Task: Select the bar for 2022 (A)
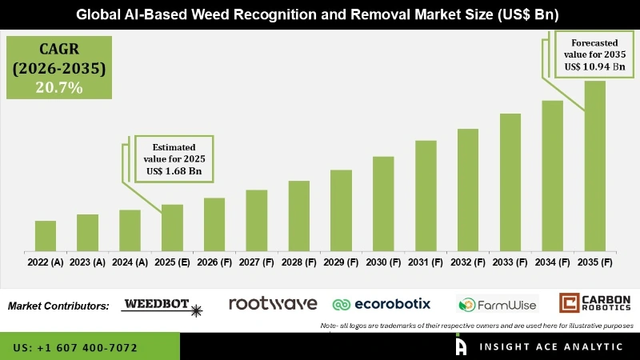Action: click(x=46, y=235)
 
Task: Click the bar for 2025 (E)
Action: click(x=172, y=227)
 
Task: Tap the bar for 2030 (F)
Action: click(x=383, y=202)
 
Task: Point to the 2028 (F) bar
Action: click(x=298, y=215)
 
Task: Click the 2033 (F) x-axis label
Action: click(x=510, y=262)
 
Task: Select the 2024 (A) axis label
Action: click(x=130, y=262)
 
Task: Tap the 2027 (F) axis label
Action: click(x=256, y=262)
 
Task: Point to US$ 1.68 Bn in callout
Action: click(x=174, y=171)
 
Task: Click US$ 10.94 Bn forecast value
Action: click(x=593, y=66)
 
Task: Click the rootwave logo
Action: click(x=273, y=303)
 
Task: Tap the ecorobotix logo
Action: click(x=382, y=304)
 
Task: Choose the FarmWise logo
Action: click(x=497, y=304)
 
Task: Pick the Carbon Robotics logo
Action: click(x=594, y=304)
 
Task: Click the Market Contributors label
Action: click(x=58, y=306)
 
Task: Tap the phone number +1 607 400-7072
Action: click(x=75, y=348)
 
